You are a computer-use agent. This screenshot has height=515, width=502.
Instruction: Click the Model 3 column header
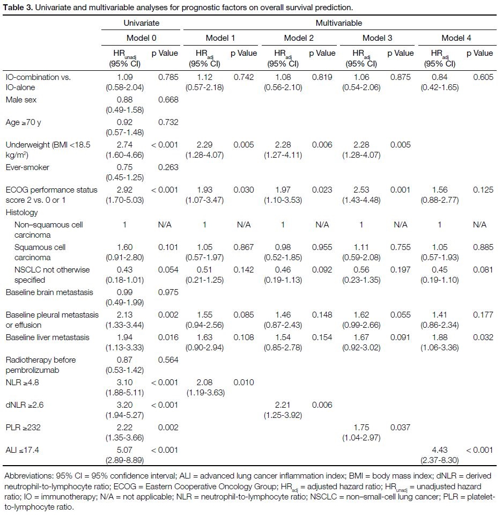(377, 38)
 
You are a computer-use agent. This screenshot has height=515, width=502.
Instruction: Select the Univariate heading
(141, 23)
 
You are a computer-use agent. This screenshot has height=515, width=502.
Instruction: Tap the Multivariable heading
(338, 23)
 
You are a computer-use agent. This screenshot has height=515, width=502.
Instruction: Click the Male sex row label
(21, 100)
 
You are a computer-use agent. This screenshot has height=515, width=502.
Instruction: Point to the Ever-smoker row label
(27, 167)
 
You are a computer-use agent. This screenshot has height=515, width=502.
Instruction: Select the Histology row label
(21, 212)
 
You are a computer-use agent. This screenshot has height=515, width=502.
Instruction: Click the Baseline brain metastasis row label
(49, 292)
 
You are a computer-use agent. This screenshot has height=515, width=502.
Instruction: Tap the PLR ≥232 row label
(23, 428)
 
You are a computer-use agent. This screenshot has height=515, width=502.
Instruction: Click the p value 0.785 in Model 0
(168, 77)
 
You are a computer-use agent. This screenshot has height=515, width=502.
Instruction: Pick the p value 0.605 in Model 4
(483, 77)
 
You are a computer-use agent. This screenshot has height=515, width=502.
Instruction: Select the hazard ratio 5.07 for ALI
(125, 450)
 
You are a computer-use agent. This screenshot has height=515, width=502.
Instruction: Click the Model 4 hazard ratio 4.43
(440, 450)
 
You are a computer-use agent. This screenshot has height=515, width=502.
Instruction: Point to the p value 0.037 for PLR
(400, 428)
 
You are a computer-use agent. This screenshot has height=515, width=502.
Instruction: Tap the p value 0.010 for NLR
(243, 382)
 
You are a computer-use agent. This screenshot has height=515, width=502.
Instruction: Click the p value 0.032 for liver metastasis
(483, 337)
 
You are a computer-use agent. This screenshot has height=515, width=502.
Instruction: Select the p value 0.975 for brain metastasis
(168, 292)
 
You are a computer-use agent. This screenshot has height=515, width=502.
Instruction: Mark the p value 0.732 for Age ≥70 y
(168, 122)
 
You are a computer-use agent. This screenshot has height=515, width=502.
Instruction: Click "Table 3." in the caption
(18, 7)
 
